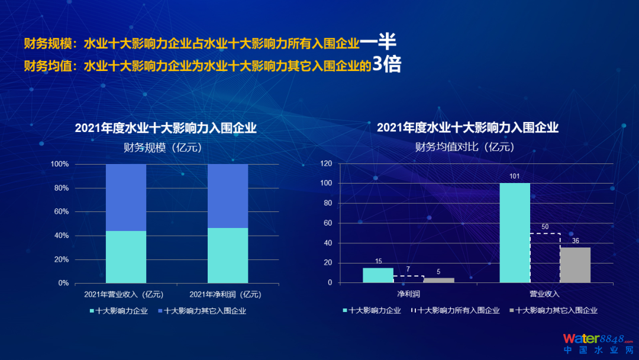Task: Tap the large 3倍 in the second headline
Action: coord(386,65)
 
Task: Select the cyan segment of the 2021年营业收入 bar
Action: coord(126,256)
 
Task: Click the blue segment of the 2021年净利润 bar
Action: coord(228,196)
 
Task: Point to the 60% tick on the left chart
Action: coord(61,211)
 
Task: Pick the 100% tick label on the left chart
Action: coord(59,164)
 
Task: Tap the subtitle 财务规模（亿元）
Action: coord(163,148)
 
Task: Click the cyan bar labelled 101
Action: coord(515,233)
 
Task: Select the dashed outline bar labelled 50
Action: coord(545,258)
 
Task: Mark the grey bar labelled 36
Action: coord(575,265)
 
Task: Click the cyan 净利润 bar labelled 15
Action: coord(378,275)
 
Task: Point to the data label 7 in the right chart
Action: coord(408,269)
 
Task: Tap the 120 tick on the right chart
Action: coord(327,163)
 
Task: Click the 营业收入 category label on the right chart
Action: coord(544,294)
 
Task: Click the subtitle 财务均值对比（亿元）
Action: coord(464,147)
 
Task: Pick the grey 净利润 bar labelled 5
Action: coord(438,280)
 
